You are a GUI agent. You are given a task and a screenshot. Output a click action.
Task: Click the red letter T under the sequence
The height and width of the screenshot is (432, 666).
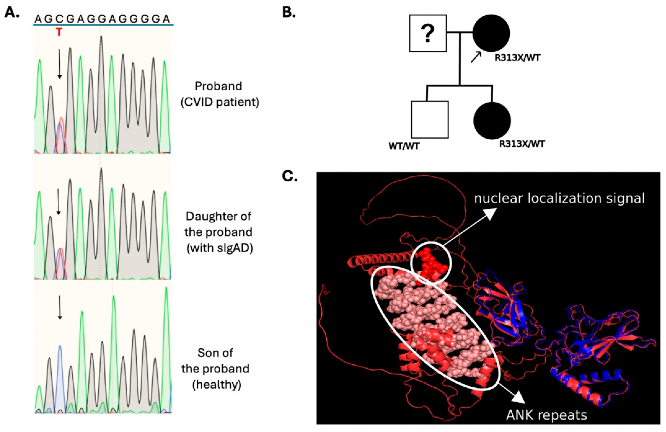[x=59, y=33]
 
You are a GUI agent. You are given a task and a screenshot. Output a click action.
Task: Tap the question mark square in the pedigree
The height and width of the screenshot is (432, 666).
[x=427, y=33]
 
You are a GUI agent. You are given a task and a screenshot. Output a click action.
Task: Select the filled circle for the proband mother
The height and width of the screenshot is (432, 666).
[x=491, y=33]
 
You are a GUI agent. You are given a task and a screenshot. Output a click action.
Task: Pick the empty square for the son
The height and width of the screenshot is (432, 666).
[x=430, y=120]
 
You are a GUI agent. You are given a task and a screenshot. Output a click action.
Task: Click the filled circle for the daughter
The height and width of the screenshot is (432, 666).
[x=492, y=120]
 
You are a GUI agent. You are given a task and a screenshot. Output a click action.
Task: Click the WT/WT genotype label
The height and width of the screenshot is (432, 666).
[x=404, y=146]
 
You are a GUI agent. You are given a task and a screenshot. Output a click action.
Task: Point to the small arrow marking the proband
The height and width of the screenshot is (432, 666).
[x=476, y=57]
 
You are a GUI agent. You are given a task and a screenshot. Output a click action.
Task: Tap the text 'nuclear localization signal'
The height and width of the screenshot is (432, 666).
[x=559, y=198]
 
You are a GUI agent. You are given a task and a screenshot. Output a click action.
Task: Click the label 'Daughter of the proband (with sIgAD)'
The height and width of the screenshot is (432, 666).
[x=219, y=232]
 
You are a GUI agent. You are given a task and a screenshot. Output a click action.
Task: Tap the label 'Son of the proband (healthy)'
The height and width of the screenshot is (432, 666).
[x=215, y=369]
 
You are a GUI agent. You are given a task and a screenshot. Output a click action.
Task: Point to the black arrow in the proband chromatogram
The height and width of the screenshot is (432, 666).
[x=59, y=64]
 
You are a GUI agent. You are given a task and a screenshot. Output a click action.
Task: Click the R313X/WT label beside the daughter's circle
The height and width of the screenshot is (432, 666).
[x=522, y=144]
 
